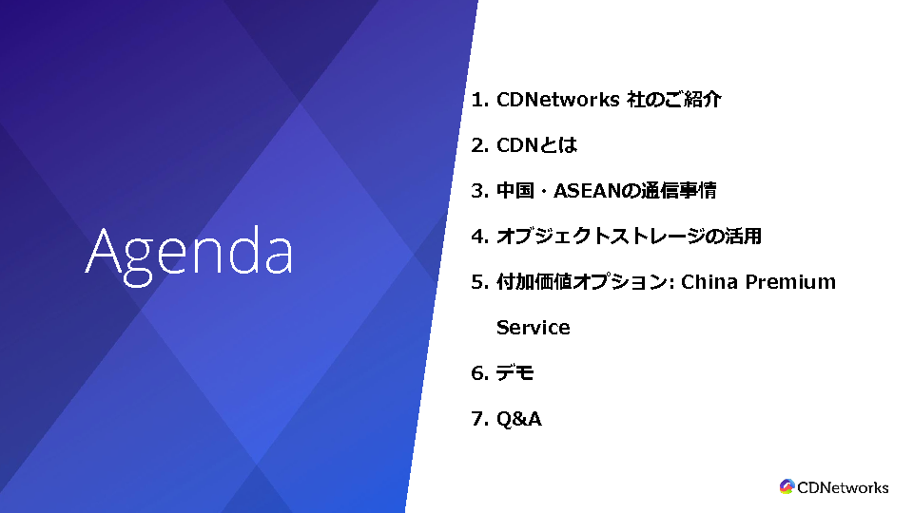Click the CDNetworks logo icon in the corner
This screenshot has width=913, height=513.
pyautogui.click(x=787, y=486)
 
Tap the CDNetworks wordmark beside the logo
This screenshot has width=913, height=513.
pyautogui.click(x=843, y=487)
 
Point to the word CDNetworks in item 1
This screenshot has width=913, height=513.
pyautogui.click(x=558, y=100)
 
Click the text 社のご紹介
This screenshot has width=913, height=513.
pyautogui.click(x=674, y=100)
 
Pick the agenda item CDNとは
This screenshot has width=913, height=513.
pyautogui.click(x=536, y=145)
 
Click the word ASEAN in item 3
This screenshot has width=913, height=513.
pyautogui.click(x=588, y=191)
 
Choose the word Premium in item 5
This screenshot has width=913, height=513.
pyautogui.click(x=790, y=282)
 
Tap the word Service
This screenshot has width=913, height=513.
pyautogui.click(x=534, y=328)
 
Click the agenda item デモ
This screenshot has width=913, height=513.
pyautogui.click(x=515, y=372)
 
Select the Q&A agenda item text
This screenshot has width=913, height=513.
pyautogui.click(x=519, y=419)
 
